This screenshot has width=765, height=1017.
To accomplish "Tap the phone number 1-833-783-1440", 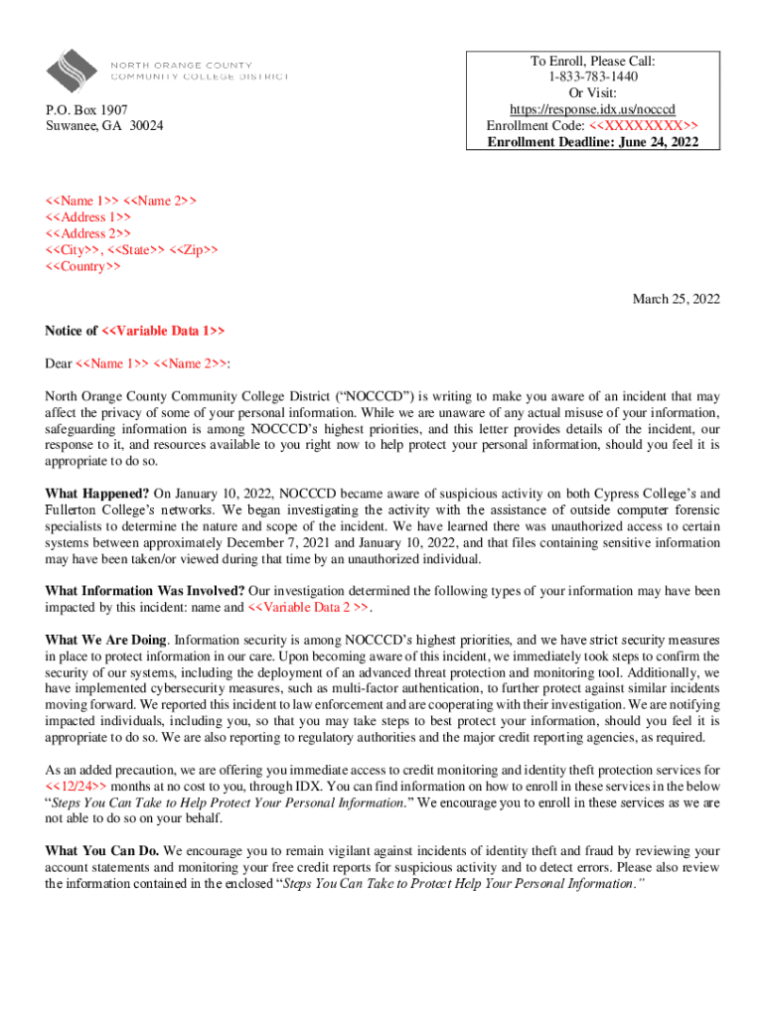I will pyautogui.click(x=592, y=76).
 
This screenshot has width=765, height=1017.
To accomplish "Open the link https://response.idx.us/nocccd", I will pyautogui.click(x=592, y=109).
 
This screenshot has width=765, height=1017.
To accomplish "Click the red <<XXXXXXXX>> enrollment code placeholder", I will pyautogui.click(x=643, y=126).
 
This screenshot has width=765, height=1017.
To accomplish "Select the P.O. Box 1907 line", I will pyautogui.click(x=86, y=109).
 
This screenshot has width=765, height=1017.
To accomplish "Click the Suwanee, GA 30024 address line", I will pyautogui.click(x=104, y=126).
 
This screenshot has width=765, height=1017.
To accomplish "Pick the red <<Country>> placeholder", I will pyautogui.click(x=83, y=267).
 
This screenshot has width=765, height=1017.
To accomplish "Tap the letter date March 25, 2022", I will pyautogui.click(x=677, y=299).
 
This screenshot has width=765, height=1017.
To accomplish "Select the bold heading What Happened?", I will pyautogui.click(x=97, y=494).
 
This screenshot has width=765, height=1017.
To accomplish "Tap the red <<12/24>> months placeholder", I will pyautogui.click(x=76, y=786).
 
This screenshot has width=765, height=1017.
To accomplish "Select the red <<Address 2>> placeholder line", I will pyautogui.click(x=87, y=234).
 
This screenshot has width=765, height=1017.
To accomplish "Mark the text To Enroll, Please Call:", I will pyautogui.click(x=592, y=61).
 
